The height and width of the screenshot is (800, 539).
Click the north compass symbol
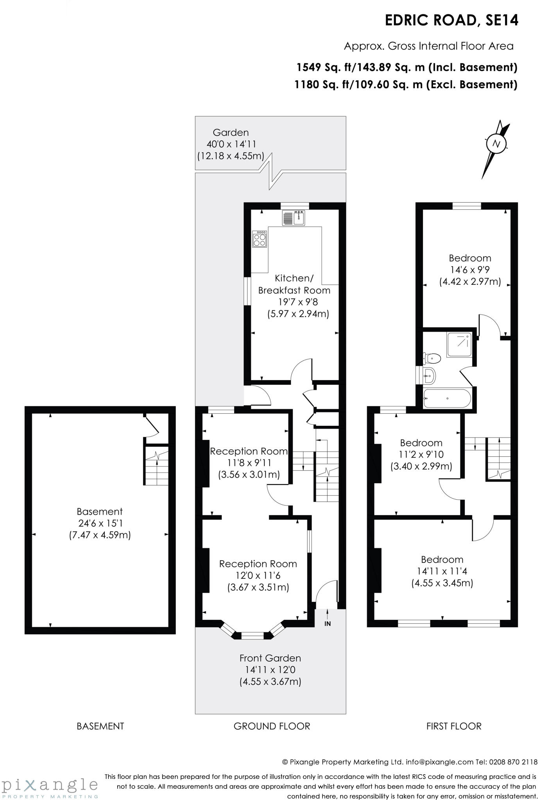pos(496,144)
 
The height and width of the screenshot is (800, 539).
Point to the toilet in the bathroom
pos(432,357)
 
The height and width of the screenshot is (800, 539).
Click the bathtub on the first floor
pos(447,398)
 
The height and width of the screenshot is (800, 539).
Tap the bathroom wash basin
pos(429,376)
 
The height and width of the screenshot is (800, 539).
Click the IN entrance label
pos(328,624)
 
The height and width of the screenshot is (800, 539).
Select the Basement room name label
pos(100,511)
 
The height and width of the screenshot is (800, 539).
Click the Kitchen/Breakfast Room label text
pos(294,284)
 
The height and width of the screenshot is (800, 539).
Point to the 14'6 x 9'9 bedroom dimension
pos(470,270)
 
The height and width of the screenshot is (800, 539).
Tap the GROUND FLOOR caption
pos(272,726)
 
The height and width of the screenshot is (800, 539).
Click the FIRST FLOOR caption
pos(454,726)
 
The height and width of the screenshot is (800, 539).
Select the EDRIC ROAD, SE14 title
pos(451,20)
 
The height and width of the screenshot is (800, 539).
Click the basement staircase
pos(156,465)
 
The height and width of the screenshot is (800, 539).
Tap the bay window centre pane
pos(252,636)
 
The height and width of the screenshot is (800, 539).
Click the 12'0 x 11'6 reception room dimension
pos(258,575)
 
